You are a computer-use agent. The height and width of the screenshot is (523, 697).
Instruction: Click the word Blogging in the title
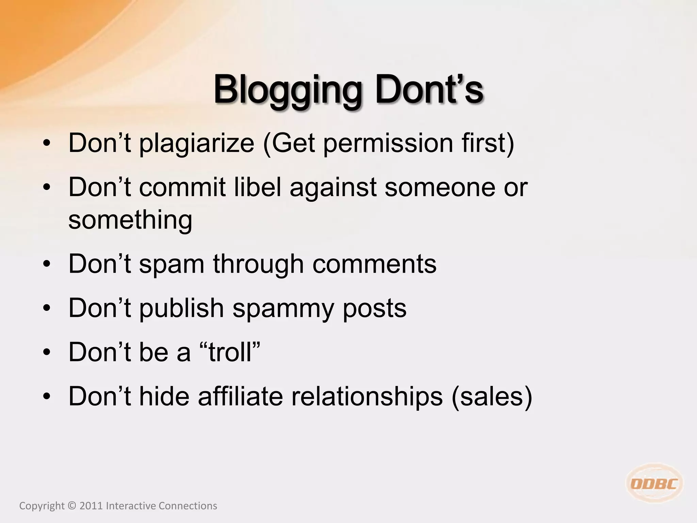click(287, 90)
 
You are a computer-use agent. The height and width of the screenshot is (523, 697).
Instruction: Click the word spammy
click(283, 308)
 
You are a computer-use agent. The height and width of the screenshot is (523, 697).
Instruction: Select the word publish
click(181, 308)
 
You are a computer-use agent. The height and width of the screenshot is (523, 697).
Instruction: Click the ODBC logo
click(654, 484)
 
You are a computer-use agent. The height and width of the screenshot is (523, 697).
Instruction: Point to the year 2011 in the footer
click(91, 506)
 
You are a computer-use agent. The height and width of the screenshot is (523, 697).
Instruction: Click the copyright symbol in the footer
click(72, 506)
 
